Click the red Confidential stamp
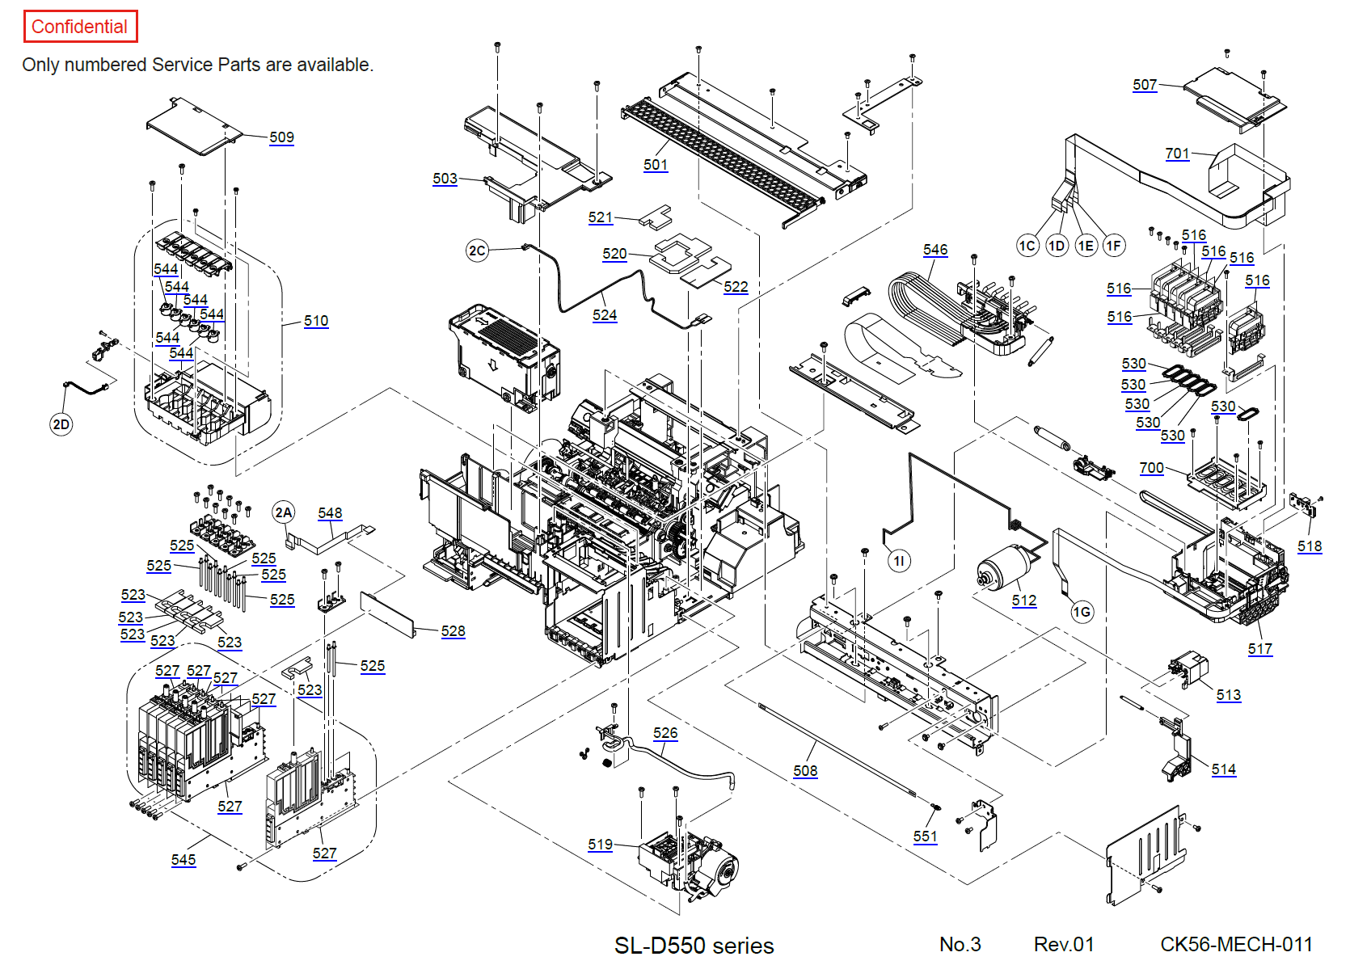tap(80, 27)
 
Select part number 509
tap(281, 137)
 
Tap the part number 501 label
tap(656, 164)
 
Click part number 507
tap(1145, 84)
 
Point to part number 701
tap(1177, 153)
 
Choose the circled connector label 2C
tap(477, 251)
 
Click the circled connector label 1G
tap(1082, 612)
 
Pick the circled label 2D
tap(61, 424)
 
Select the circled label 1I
tap(899, 560)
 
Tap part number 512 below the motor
tap(1024, 600)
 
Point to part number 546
tap(935, 250)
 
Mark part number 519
tap(600, 844)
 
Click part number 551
tap(926, 836)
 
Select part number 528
tap(453, 630)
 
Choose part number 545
tap(184, 859)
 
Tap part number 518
tap(1310, 546)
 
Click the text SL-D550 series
tap(694, 945)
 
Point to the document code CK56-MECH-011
tap(1236, 944)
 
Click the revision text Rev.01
tap(1064, 944)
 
